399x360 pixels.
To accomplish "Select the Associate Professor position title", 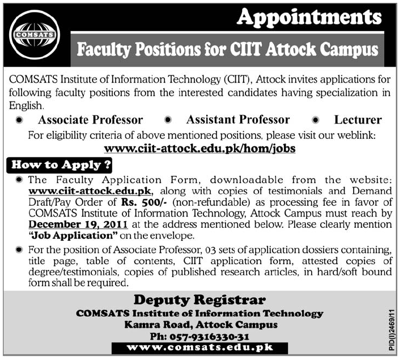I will [x=90, y=120].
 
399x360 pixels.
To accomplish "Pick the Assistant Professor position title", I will [x=238, y=120].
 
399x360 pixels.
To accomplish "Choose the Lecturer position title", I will [x=358, y=120].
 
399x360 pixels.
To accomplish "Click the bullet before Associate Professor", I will [x=20, y=121].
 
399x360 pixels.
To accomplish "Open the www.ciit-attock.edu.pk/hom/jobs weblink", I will [x=200, y=148].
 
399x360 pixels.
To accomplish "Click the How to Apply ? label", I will [x=59, y=166].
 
